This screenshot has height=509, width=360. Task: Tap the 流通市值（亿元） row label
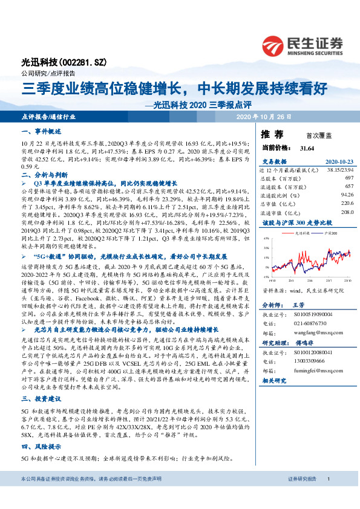281,212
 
